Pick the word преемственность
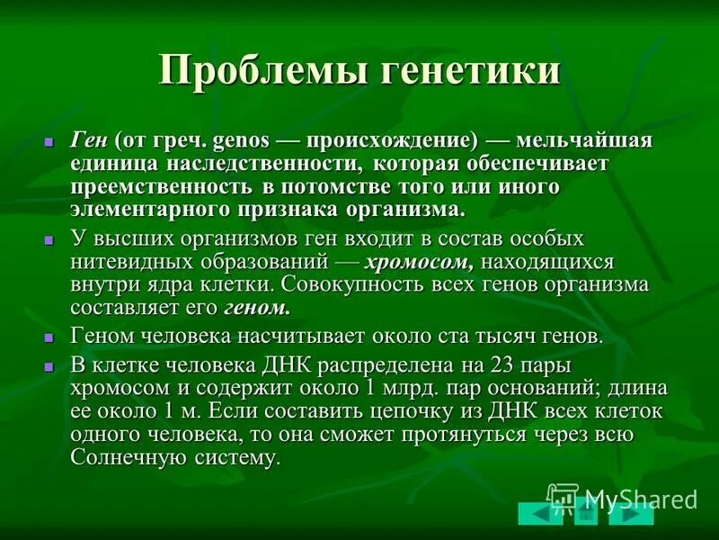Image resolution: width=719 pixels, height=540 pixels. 163,186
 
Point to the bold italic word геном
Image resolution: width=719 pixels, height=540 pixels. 257,307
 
